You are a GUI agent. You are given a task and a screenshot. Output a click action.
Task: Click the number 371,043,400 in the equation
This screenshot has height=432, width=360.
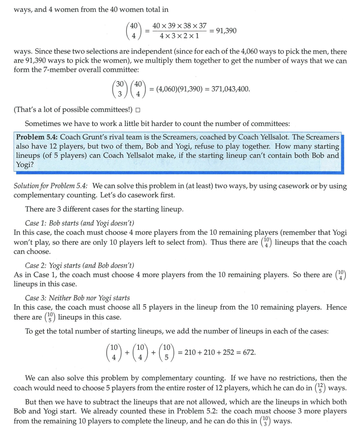point(229,89)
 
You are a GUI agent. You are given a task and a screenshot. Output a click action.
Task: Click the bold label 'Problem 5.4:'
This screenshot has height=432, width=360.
point(37,137)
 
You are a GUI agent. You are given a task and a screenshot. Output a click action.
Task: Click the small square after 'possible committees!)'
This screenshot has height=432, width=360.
point(138,110)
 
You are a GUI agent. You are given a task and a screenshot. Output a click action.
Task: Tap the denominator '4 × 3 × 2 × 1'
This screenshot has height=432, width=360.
point(179,36)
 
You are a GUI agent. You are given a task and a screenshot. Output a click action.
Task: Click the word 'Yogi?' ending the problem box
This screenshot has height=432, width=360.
point(24,164)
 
